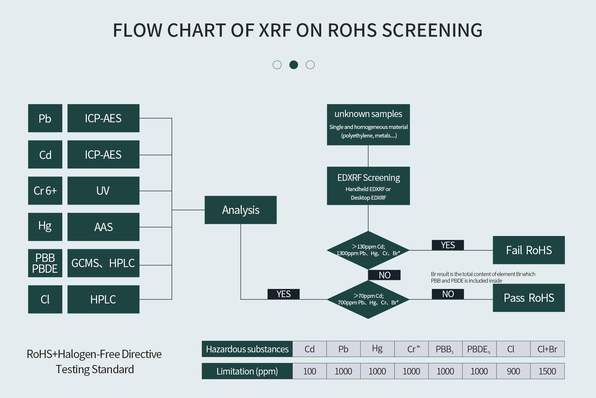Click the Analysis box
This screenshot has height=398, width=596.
tap(240, 210)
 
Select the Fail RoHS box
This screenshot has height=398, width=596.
tap(528, 250)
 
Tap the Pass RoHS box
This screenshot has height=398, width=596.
tap(528, 298)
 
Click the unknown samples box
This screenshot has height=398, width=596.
tap(368, 125)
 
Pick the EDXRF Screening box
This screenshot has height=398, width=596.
tap(368, 186)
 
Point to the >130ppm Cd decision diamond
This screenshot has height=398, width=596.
tap(368, 250)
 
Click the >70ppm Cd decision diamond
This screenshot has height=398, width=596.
tap(368, 299)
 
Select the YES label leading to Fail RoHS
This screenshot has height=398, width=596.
tap(448, 245)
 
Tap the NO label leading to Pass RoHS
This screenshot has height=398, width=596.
tap(448, 294)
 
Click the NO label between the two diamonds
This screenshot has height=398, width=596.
tap(384, 275)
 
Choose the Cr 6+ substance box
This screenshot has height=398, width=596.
tap(45, 191)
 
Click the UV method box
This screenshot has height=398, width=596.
tap(103, 191)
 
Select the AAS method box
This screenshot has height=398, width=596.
tap(103, 227)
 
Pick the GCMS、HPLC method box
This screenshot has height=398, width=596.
tap(103, 263)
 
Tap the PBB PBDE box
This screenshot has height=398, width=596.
tap(45, 263)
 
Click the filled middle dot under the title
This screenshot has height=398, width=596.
tap(293, 65)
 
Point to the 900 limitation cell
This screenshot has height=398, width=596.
tap(513, 371)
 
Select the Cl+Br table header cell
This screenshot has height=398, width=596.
tap(547, 349)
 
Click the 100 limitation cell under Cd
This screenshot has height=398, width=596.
tap(310, 371)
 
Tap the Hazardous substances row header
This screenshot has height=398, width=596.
tap(247, 349)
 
